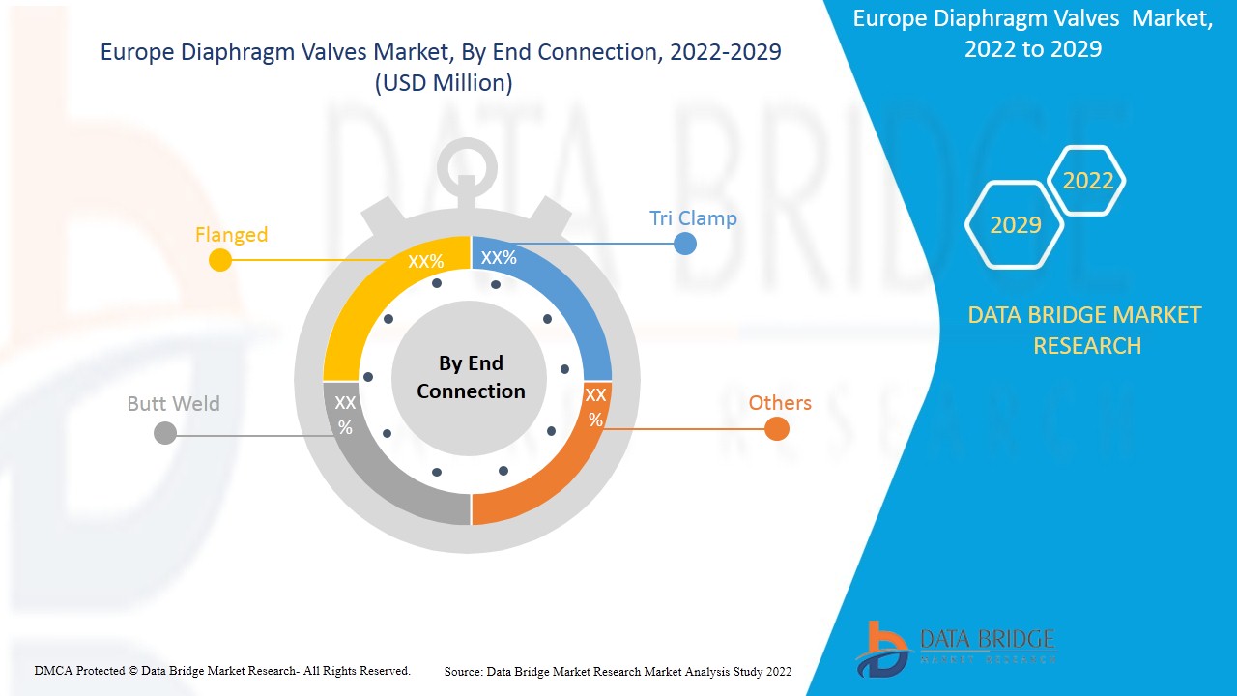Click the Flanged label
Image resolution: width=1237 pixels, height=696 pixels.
click(231, 235)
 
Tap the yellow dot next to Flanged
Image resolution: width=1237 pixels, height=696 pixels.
click(220, 260)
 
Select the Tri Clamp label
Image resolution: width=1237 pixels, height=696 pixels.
click(693, 218)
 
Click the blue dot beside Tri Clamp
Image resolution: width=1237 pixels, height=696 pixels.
click(685, 244)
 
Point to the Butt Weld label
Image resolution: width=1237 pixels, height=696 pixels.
click(174, 404)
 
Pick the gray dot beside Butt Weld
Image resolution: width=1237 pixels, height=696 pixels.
click(165, 433)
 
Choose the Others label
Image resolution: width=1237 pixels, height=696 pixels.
click(780, 403)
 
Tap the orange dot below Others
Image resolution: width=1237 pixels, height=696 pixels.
click(777, 429)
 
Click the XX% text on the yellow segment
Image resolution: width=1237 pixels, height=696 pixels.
click(425, 262)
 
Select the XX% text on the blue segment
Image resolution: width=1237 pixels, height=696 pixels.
click(499, 258)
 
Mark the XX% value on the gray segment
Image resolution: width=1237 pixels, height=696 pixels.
click(345, 415)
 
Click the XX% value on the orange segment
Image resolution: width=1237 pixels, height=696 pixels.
click(595, 407)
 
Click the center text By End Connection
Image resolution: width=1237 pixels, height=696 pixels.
click(471, 377)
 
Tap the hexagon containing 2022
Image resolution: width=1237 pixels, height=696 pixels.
click(1088, 181)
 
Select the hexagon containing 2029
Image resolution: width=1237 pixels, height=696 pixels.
click(1016, 225)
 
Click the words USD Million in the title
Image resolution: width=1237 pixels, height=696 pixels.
click(444, 84)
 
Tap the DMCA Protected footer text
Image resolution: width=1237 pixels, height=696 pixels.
click(222, 670)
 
